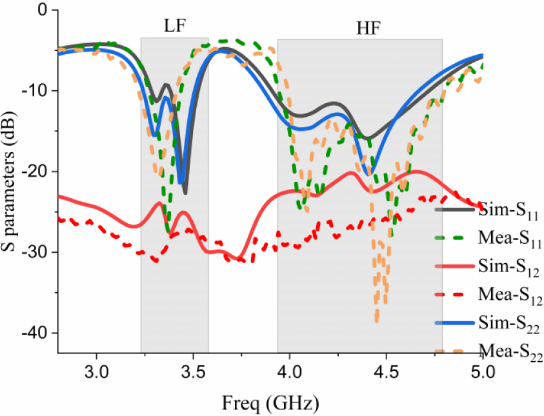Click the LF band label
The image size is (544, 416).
coord(174,26)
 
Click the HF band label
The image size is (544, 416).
coord(369,28)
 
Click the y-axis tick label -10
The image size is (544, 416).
coord(36,90)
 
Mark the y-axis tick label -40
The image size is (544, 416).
coord(36,333)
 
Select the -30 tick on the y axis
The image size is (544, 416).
coord(36,252)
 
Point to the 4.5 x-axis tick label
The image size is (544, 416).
coord(386,372)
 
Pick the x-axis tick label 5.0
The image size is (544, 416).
coord(482,372)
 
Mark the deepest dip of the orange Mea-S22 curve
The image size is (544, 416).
coord(376,321)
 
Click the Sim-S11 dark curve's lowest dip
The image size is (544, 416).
coord(185,192)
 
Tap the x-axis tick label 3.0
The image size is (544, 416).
coord(97,372)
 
